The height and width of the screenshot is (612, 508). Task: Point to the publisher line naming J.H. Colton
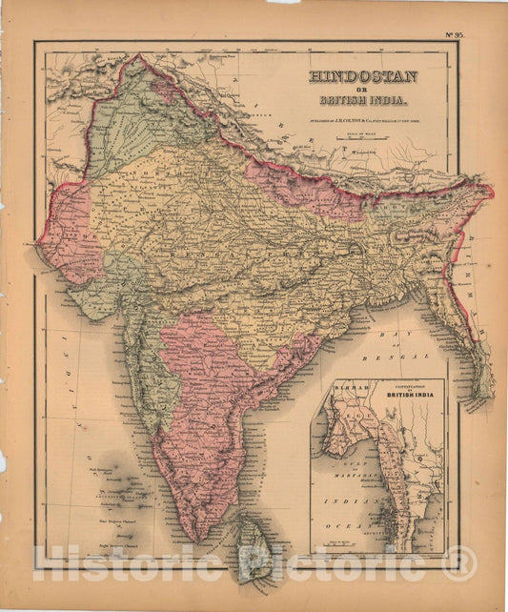(x=361, y=122)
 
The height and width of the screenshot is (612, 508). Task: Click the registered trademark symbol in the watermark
(x=459, y=564)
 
